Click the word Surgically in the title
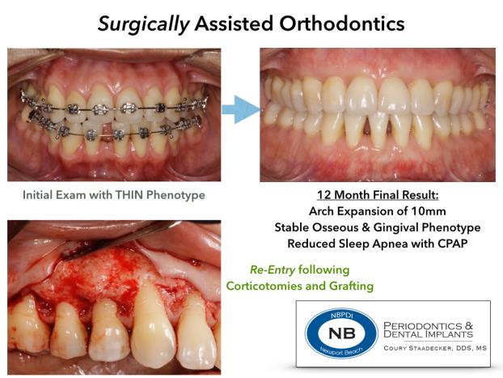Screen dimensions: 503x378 click(x=143, y=24)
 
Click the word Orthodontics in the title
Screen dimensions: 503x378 click(x=342, y=23)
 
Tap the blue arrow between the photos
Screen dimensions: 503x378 click(x=241, y=109)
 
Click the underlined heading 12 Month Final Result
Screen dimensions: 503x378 click(x=378, y=195)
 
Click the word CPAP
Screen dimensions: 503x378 click(x=452, y=244)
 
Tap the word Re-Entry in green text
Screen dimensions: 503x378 click(x=273, y=270)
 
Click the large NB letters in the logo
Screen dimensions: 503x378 click(x=342, y=333)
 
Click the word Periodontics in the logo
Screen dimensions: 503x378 click(x=422, y=326)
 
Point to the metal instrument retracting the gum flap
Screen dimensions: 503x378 click(x=122, y=239)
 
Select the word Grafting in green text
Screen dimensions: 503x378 click(x=352, y=287)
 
